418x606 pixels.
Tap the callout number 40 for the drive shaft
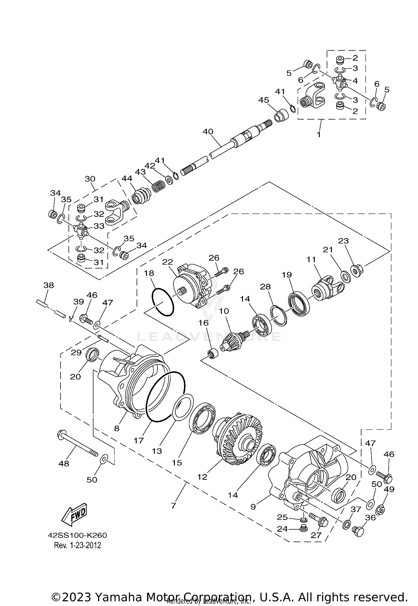pos(208,132)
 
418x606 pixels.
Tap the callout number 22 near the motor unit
pos(168,262)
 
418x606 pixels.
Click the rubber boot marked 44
pos(141,196)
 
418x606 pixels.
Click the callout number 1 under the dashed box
pos(319,134)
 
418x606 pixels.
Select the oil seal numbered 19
pos(298,304)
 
